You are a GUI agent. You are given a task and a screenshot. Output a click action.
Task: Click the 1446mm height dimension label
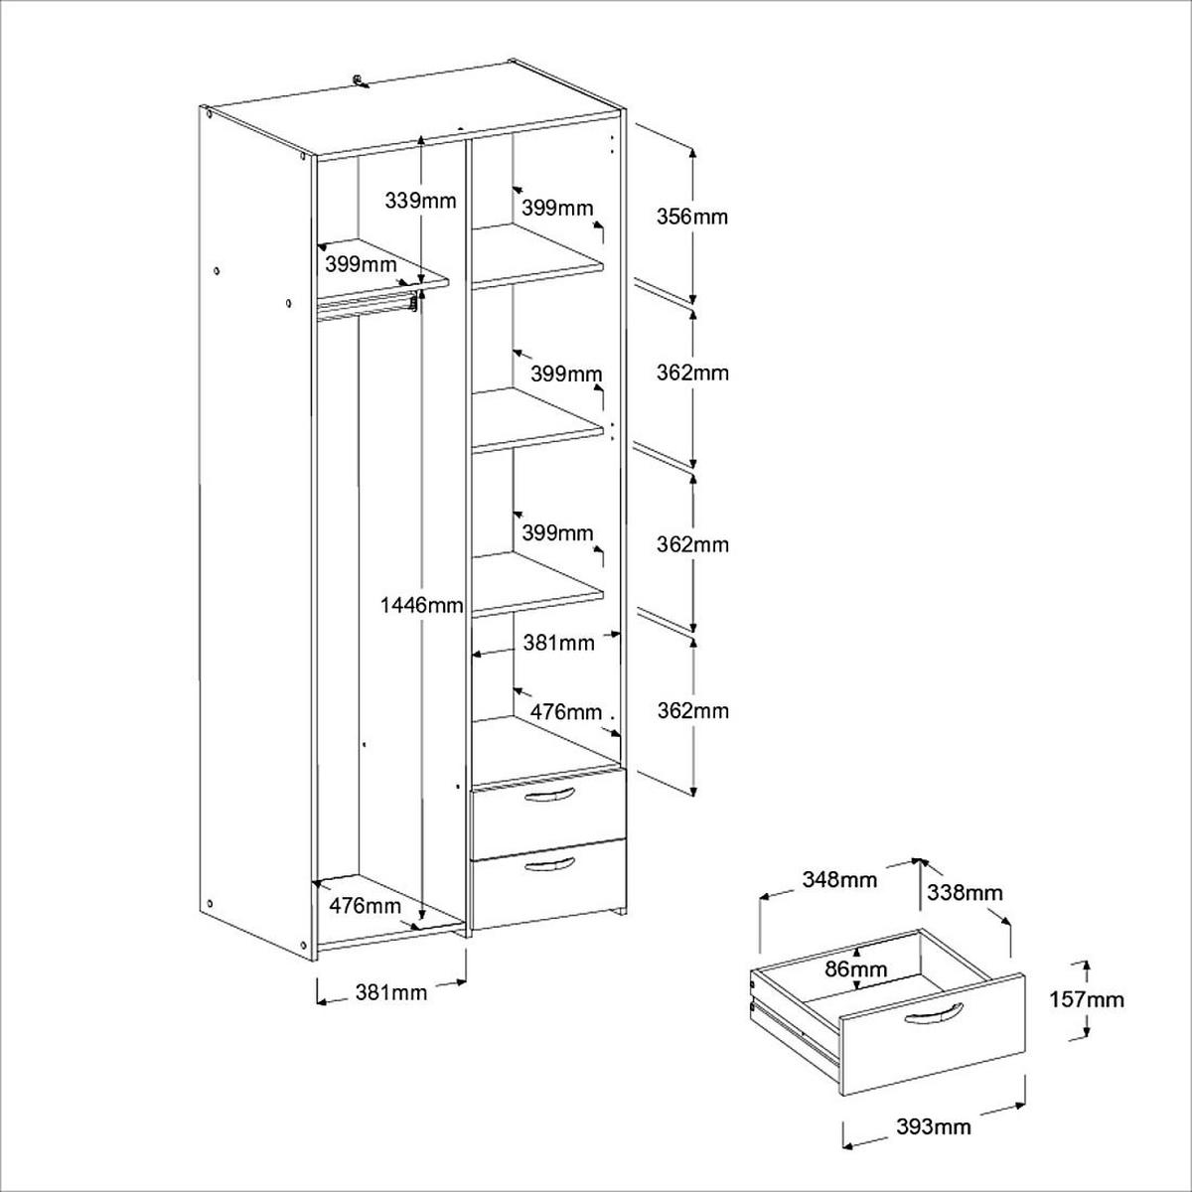click(422, 605)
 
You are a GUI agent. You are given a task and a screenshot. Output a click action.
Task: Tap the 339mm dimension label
click(419, 201)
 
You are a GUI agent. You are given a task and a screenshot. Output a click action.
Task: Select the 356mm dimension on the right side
click(692, 216)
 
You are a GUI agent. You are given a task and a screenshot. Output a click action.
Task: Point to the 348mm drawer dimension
click(839, 880)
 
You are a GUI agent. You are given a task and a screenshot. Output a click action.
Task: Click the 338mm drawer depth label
click(965, 893)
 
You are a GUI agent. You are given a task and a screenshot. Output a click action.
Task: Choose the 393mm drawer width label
click(933, 1126)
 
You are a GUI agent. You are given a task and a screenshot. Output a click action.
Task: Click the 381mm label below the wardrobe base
click(390, 992)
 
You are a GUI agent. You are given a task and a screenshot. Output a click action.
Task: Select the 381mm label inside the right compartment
click(558, 643)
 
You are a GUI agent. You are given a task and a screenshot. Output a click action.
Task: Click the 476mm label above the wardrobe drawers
click(565, 711)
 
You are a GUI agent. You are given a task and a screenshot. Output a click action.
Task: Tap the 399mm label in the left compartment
click(361, 265)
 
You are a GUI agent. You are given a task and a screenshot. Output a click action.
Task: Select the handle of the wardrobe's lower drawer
click(549, 866)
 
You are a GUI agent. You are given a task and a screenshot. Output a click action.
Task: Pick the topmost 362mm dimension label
click(692, 373)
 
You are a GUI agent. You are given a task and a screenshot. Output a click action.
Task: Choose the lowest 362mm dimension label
click(692, 711)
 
